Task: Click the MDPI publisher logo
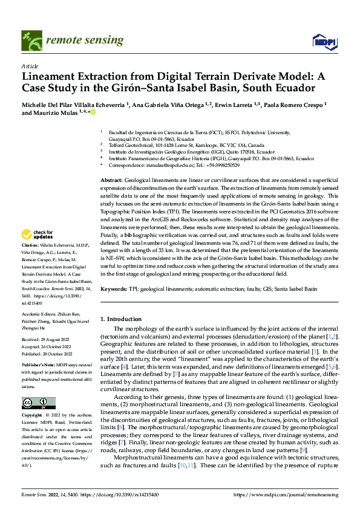click(324, 41)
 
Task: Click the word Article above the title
click(30, 66)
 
